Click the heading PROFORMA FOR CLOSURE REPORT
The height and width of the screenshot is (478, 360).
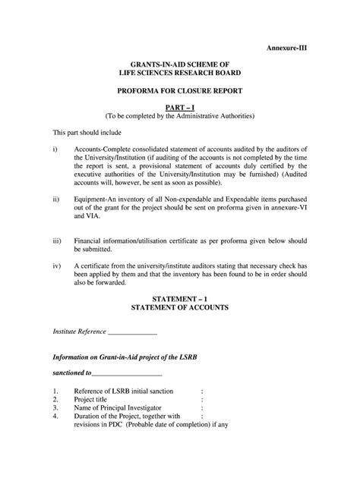point(179,90)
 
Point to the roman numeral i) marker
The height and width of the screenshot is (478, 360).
point(55,149)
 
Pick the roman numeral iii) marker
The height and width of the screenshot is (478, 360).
point(57,240)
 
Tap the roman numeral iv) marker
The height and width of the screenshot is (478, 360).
point(57,266)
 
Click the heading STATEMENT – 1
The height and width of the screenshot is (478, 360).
point(180,300)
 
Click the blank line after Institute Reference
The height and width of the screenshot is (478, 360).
point(133,332)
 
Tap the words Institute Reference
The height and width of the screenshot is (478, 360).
point(80,332)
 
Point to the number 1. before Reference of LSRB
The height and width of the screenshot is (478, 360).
point(55,390)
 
